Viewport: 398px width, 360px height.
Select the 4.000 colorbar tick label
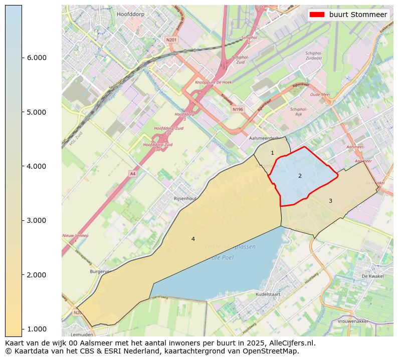pyautogui.click(x=36, y=166)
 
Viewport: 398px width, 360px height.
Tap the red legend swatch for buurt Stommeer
pyautogui.click(x=317, y=15)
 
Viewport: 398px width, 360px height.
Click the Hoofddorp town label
pyautogui.click(x=130, y=15)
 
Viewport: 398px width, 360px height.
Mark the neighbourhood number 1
pyautogui.click(x=272, y=153)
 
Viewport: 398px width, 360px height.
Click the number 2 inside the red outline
pyautogui.click(x=300, y=176)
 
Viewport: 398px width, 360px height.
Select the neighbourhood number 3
pyautogui.click(x=330, y=201)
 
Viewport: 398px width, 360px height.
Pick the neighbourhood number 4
pyautogui.click(x=193, y=239)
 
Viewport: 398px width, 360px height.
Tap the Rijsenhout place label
pyautogui.click(x=184, y=199)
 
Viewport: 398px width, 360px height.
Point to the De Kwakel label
pyautogui.click(x=372, y=276)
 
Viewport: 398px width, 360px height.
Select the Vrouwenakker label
pyautogui.click(x=366, y=321)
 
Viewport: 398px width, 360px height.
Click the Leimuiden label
pyautogui.click(x=82, y=334)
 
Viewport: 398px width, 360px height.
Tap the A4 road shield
pyautogui.click(x=132, y=174)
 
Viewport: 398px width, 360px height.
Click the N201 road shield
pyautogui.click(x=171, y=40)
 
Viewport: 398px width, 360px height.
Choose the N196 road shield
pyautogui.click(x=238, y=109)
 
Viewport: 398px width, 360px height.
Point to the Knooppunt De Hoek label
pyautogui.click(x=213, y=82)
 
